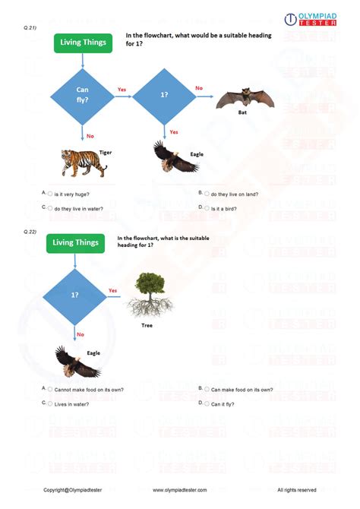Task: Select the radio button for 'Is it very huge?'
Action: (x=50, y=194)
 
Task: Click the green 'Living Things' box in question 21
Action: (x=84, y=43)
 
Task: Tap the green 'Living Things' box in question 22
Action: (x=74, y=242)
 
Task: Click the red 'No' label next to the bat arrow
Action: (x=199, y=87)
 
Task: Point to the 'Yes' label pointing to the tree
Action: (x=113, y=290)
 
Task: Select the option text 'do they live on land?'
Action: (x=235, y=194)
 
